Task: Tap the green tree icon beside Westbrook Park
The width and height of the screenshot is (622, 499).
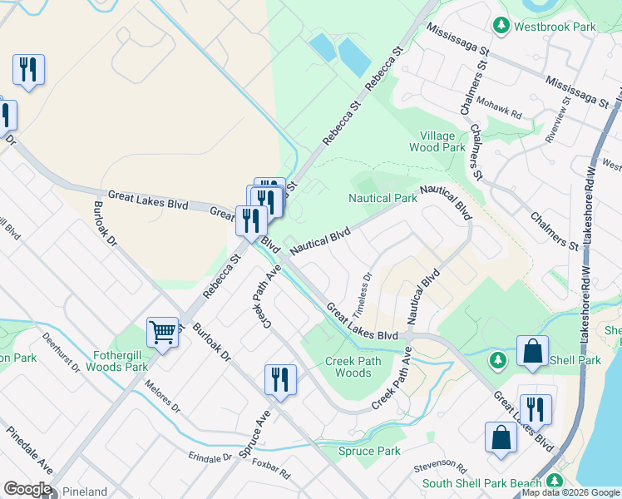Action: coord(501,26)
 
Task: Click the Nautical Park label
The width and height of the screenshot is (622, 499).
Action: coord(382,199)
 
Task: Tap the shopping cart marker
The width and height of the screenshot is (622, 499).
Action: coord(163,332)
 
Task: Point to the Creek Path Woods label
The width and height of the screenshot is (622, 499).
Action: coord(353,367)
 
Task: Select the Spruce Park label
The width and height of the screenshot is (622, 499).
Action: coord(369,452)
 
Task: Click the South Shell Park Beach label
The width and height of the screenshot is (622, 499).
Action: coord(481,483)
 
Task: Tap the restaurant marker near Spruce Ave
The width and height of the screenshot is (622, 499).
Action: coord(280,379)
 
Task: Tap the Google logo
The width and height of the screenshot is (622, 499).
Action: coord(27,490)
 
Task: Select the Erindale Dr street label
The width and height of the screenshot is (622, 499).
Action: coord(210,457)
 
